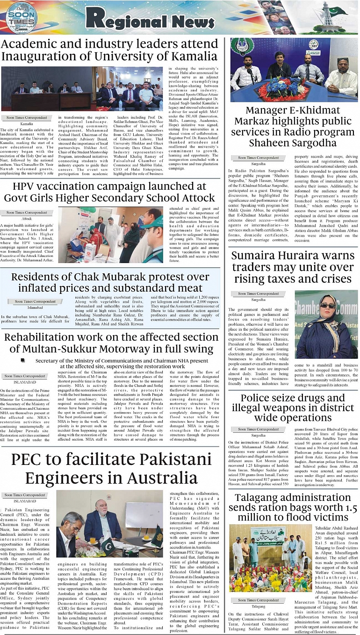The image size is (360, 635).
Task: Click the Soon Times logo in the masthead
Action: [22, 18]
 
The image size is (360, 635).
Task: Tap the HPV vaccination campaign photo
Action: [110, 235]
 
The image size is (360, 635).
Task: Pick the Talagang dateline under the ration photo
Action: [258, 606]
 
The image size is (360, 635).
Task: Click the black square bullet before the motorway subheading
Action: [23, 361]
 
